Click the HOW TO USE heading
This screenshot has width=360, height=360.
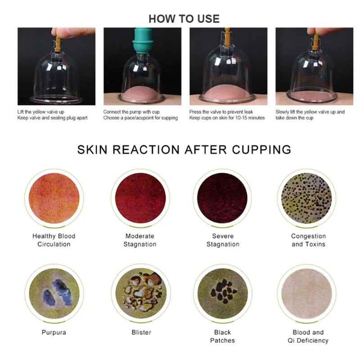pos(184,18)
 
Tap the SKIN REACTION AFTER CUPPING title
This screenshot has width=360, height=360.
pos(184,149)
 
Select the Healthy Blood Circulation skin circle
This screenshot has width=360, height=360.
pos(54,198)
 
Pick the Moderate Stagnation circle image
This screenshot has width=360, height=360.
pos(140,198)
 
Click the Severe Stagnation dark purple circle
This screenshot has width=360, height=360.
pos(223,198)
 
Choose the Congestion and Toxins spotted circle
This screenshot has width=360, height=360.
pos(308,198)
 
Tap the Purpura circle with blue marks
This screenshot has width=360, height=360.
pos(54,292)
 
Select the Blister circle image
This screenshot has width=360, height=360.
pos(140,292)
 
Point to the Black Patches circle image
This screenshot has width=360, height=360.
pos(223,292)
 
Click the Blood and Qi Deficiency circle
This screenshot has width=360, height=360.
pos(308,292)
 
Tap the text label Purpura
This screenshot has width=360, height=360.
pos(54,332)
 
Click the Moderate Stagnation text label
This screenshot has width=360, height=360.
pos(140,240)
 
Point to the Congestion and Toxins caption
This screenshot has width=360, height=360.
pos(308,240)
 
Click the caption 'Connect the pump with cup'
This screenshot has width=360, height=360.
pos(140,115)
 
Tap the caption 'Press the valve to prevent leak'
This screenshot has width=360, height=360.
pos(227,115)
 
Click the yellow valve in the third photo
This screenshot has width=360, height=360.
pos(227,35)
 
